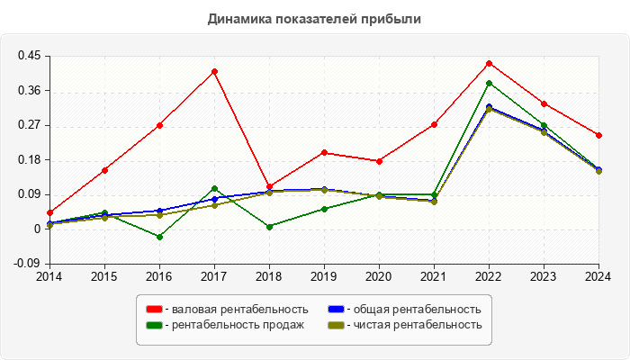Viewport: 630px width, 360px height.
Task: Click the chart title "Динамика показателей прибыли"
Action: coord(314,18)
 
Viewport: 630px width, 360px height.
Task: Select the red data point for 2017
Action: coord(214,71)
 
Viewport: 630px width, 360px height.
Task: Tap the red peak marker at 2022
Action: coord(489,63)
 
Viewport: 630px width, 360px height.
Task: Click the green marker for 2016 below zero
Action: coord(159,237)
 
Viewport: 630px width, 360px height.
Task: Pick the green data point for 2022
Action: coord(489,83)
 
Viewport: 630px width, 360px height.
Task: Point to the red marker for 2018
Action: coord(269,186)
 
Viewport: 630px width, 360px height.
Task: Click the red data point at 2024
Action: coord(598,135)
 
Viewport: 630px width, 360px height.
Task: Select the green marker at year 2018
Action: coord(269,227)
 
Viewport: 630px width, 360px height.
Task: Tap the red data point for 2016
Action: coord(159,125)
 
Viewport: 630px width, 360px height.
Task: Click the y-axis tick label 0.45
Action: coord(30,56)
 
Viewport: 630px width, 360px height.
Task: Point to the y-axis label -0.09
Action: coord(28,264)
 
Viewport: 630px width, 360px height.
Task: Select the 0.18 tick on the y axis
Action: coord(30,160)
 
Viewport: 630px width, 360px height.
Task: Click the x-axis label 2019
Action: coord(324,276)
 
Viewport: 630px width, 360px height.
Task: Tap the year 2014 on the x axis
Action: coord(49,276)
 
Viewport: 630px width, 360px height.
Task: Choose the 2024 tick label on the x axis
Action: coord(598,276)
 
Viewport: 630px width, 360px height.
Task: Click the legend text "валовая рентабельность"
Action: coord(236,310)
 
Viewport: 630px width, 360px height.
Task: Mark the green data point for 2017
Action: coord(214,189)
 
